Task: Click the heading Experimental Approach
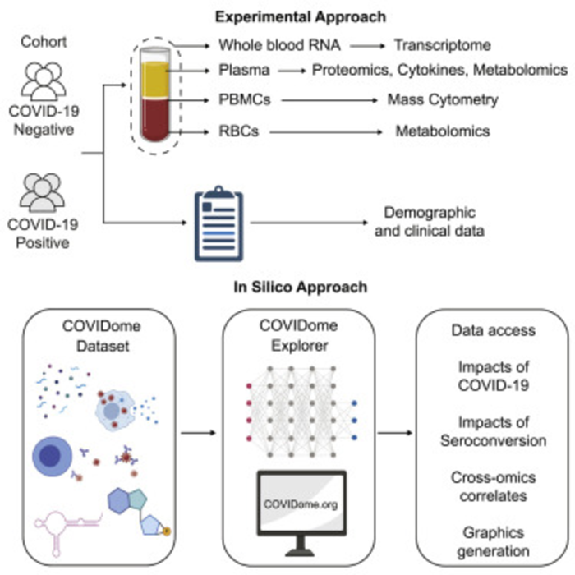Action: coord(287,16)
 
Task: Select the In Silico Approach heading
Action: coord(287,287)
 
